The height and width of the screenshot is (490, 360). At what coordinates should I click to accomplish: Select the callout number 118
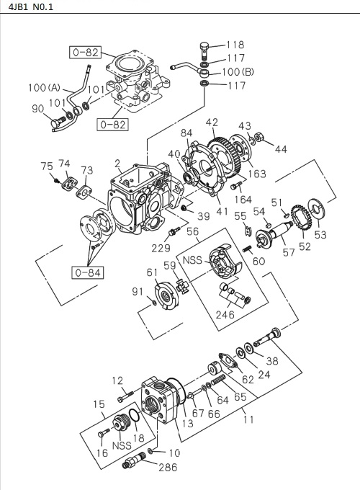(235, 45)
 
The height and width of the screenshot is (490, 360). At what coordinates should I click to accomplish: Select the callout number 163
(257, 174)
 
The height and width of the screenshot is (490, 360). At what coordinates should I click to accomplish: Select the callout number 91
(138, 291)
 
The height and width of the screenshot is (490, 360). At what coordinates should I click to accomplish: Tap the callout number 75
(47, 166)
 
